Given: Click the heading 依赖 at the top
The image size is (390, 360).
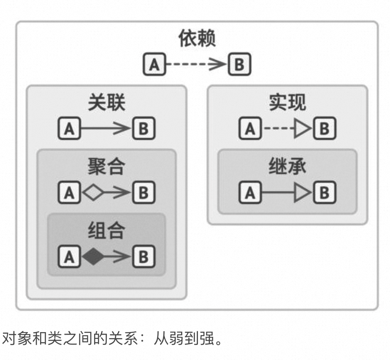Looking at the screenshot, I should coord(197,39).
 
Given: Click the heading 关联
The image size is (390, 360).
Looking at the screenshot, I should coord(106,103).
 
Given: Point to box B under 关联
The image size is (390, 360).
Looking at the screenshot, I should coord(144,129).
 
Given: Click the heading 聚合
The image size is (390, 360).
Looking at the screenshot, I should coord(106,167).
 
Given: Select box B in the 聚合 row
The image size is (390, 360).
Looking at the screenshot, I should coord(144,193).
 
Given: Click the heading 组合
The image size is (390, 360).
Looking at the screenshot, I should coord(106,231).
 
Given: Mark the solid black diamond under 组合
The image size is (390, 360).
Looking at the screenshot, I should coord(94,257).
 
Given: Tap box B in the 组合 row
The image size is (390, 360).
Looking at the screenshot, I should coord(144,257).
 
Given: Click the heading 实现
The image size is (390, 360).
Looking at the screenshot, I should coord(287,103).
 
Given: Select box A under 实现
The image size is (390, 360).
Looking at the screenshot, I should coord(250,129).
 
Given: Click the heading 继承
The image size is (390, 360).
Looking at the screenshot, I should coord(287,167).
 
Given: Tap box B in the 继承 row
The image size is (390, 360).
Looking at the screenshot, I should coord(324,193).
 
